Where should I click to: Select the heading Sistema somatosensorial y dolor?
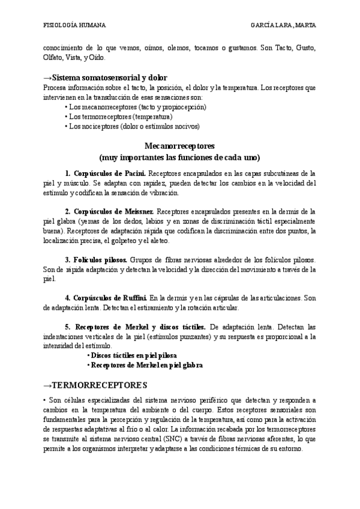pos(109,78)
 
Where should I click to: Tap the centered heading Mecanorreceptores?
pos(180,146)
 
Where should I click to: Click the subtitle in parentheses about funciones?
pos(180,158)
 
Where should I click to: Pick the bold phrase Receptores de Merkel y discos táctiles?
pos(139,327)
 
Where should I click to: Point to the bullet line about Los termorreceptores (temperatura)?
pos(121,116)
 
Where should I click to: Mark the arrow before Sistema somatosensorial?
pos(47,78)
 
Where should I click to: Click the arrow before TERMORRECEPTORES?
pos(47,384)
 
